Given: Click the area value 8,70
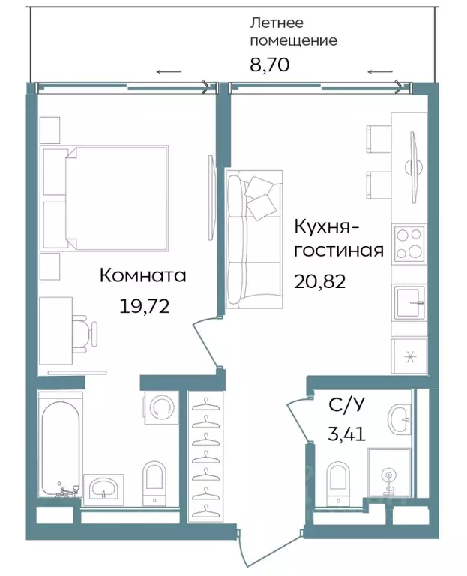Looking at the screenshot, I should [x=269, y=64].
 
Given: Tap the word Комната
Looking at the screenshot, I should [x=142, y=275].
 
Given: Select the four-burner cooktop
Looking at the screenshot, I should [x=409, y=243].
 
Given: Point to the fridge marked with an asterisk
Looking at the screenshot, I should [x=409, y=355].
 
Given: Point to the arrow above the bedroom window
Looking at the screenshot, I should [x=169, y=72].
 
